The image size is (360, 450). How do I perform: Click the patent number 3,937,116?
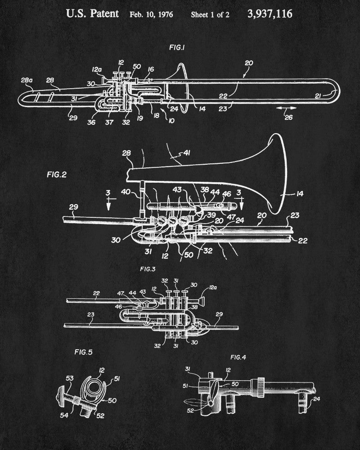coord(270,14)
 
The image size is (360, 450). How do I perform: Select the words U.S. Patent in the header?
coord(93,13)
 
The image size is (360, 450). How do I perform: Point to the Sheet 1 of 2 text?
coord(210,14)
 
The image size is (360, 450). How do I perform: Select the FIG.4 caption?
coord(238,357)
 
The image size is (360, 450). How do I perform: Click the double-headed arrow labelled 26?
coord(286,108)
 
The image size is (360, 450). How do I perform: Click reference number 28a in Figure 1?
coord(27,80)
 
